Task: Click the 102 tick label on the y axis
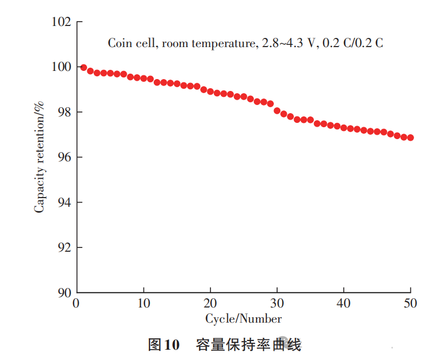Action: point(61,22)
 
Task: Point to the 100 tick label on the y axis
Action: point(61,67)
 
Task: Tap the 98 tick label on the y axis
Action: point(64,112)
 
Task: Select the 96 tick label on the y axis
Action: point(64,158)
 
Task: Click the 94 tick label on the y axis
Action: point(64,202)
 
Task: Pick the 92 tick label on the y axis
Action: point(64,247)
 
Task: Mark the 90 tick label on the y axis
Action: point(64,292)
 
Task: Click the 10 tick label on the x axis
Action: point(143,304)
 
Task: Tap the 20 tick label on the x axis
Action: point(210,304)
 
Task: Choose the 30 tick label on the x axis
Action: point(277,304)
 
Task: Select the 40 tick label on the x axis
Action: point(344,304)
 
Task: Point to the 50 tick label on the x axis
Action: point(410,304)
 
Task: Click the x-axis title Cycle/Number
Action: point(243,318)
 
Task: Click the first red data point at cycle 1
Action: point(83,68)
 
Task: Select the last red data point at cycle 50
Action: point(410,138)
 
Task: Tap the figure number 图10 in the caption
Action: point(163,345)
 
